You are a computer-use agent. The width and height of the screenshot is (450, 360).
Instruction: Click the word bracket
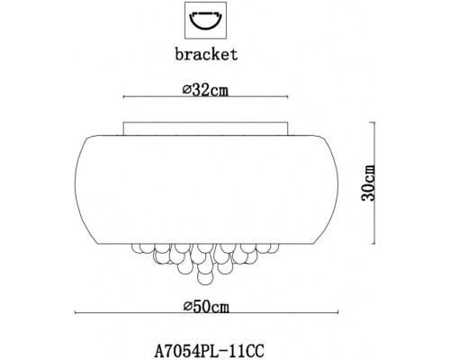208,53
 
